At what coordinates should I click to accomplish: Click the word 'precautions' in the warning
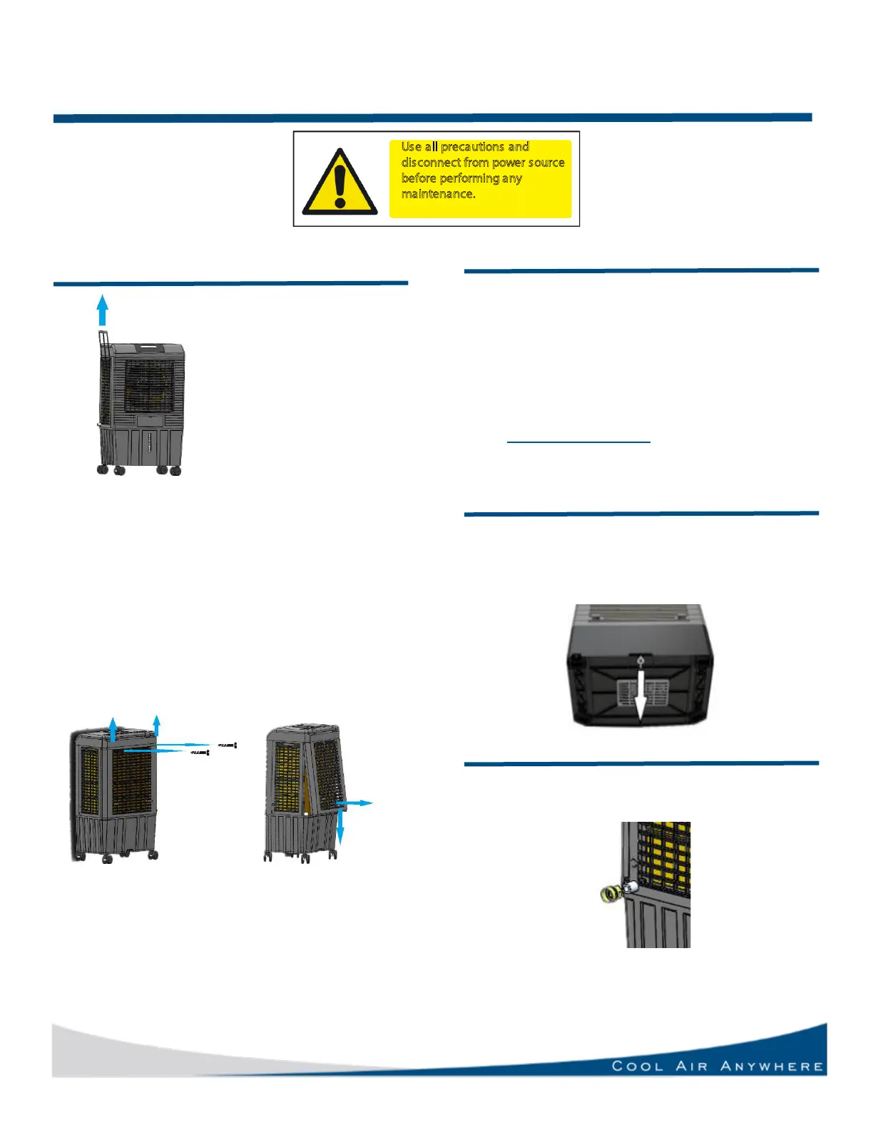472,147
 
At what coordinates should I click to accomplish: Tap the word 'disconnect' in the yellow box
430,163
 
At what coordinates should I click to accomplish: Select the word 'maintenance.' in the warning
438,194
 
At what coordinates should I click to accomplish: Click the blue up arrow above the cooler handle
103,310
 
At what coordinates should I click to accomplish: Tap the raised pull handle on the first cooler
103,342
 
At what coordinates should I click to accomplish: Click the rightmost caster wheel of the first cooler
175,470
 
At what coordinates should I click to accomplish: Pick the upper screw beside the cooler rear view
227,745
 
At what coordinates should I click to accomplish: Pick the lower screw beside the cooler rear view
199,752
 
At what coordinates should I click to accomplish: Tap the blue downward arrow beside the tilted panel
341,828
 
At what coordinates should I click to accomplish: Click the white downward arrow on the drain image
640,696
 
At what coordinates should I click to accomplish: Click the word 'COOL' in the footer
638,1066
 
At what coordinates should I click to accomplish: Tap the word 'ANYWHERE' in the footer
772,1066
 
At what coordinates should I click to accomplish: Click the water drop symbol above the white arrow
640,661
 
